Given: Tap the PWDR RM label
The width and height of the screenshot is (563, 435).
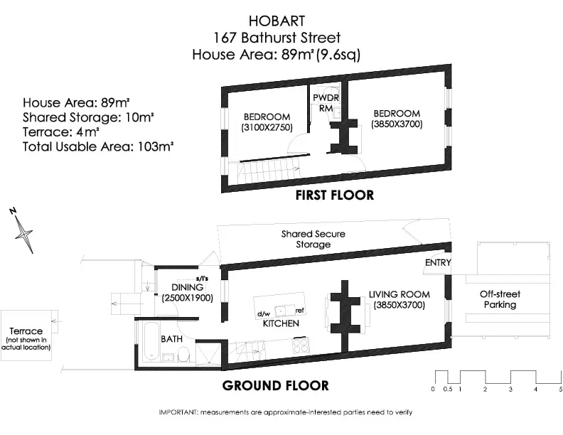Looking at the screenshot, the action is click(x=326, y=102).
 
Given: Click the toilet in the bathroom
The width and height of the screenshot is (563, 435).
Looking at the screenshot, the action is click(x=183, y=354).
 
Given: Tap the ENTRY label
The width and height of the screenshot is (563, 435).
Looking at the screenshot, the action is click(x=438, y=263).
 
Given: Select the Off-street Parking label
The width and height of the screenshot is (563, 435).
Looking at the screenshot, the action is click(x=500, y=299).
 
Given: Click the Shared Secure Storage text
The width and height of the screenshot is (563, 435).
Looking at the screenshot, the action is click(x=313, y=239).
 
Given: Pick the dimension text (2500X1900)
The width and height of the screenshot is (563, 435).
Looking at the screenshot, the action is click(x=188, y=298).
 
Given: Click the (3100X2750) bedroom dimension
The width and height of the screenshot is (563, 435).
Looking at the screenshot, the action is click(x=267, y=127).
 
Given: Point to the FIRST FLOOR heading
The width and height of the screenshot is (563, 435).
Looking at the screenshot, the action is click(x=335, y=195).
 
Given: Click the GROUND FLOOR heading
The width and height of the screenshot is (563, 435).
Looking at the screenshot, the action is click(x=275, y=385).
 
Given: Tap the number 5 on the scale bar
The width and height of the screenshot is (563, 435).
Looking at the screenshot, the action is click(x=560, y=390).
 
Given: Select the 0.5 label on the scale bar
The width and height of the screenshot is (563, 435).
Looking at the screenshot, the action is click(x=448, y=390).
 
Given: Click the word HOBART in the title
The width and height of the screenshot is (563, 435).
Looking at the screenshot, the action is click(x=277, y=21).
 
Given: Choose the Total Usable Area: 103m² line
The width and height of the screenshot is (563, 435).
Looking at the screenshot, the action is click(x=98, y=147).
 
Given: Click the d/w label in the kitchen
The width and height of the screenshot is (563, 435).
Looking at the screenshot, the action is click(x=263, y=314).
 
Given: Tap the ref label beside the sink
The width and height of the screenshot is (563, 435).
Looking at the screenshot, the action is click(x=300, y=311).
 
